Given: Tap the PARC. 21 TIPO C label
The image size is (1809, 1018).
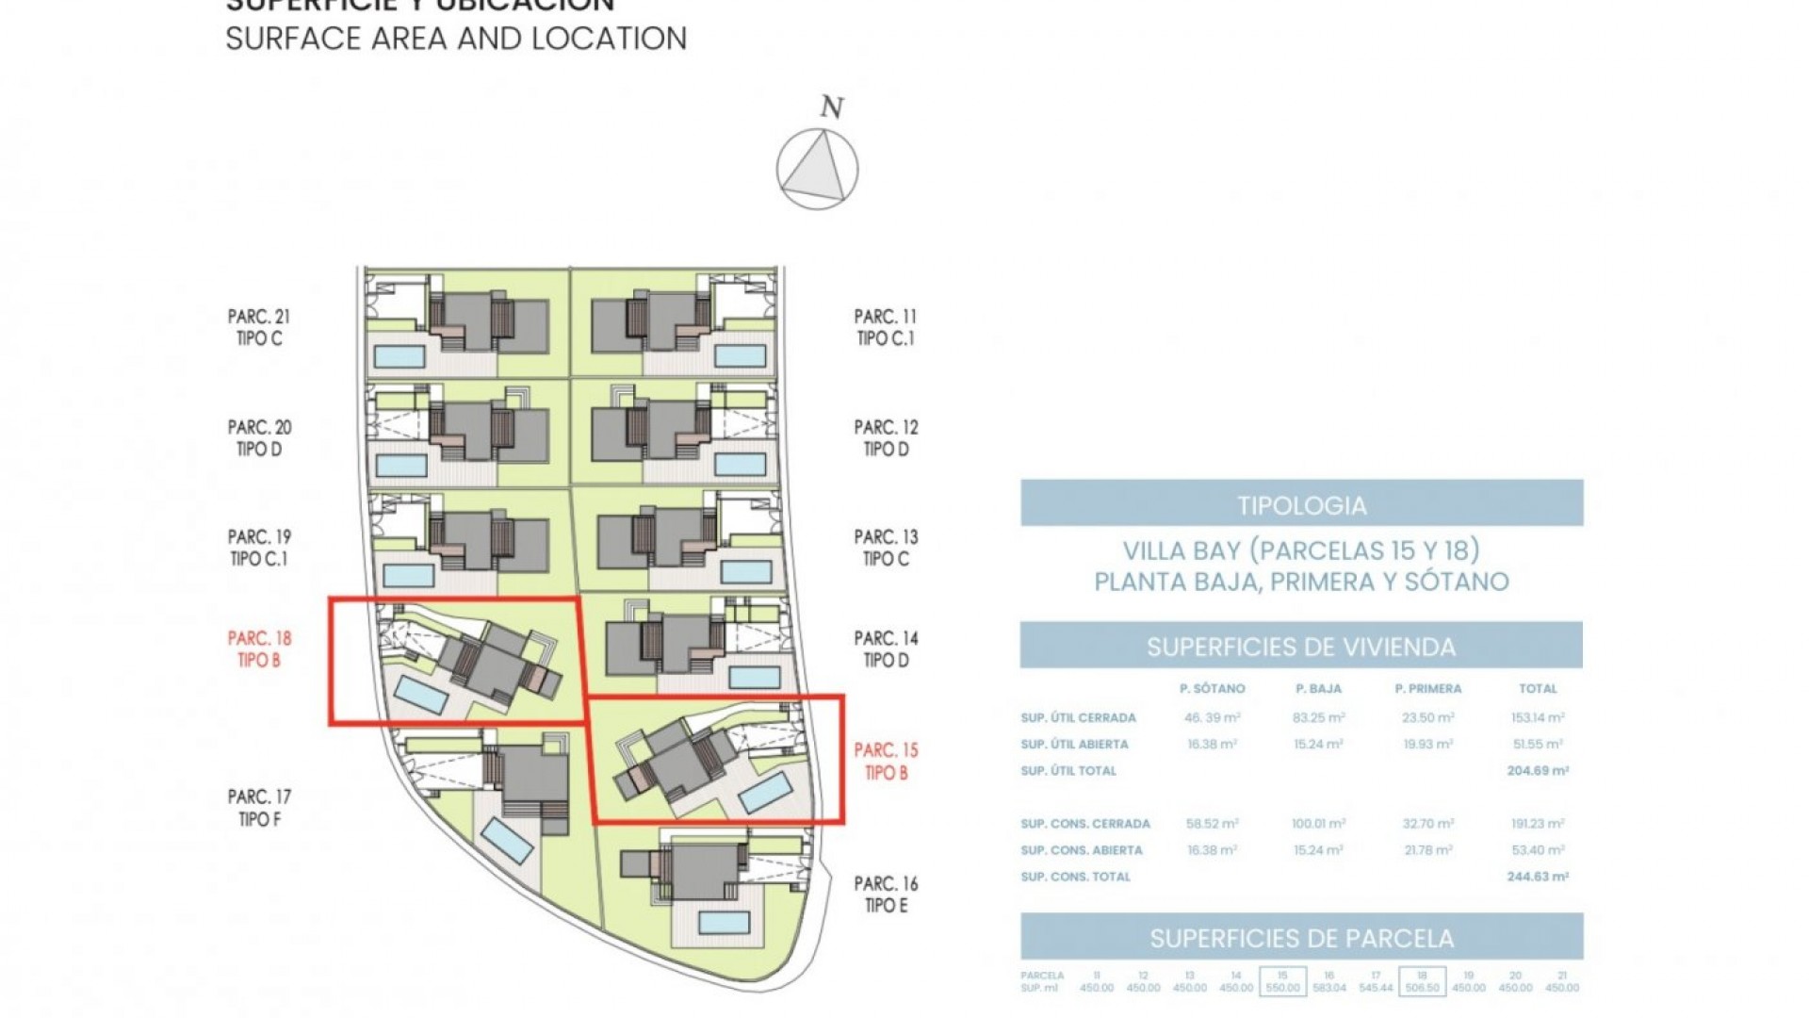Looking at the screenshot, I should pyautogui.click(x=259, y=327).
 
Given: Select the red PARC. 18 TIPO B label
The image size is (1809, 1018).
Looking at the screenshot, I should pyautogui.click(x=259, y=649).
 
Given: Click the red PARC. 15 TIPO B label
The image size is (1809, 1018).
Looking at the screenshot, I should pyautogui.click(x=886, y=761).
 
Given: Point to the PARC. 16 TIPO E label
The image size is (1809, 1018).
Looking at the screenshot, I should pyautogui.click(x=886, y=895).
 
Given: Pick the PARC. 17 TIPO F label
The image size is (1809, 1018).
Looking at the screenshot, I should pyautogui.click(x=259, y=808).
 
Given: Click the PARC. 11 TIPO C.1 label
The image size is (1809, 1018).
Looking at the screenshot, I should pyautogui.click(x=886, y=327).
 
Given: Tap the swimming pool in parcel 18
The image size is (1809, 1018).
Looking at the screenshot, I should pyautogui.click(x=420, y=695).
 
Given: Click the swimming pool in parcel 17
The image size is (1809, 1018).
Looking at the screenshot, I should pyautogui.click(x=507, y=840).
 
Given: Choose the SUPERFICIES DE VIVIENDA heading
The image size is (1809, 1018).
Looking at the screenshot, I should pyautogui.click(x=1301, y=647).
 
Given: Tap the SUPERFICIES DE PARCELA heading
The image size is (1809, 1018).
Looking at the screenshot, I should pyautogui.click(x=1301, y=938).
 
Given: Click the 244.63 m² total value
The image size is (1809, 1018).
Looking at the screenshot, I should pyautogui.click(x=1538, y=877).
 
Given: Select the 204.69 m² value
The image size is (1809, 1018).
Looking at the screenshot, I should pyautogui.click(x=1538, y=770).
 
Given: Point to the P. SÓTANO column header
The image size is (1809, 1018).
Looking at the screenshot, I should pyautogui.click(x=1212, y=689).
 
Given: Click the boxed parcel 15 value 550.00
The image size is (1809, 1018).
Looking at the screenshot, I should pyautogui.click(x=1282, y=987).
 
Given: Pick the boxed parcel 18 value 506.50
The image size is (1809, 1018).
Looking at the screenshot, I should pyautogui.click(x=1422, y=987).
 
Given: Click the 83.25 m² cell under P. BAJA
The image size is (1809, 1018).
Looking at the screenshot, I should pyautogui.click(x=1318, y=717).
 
